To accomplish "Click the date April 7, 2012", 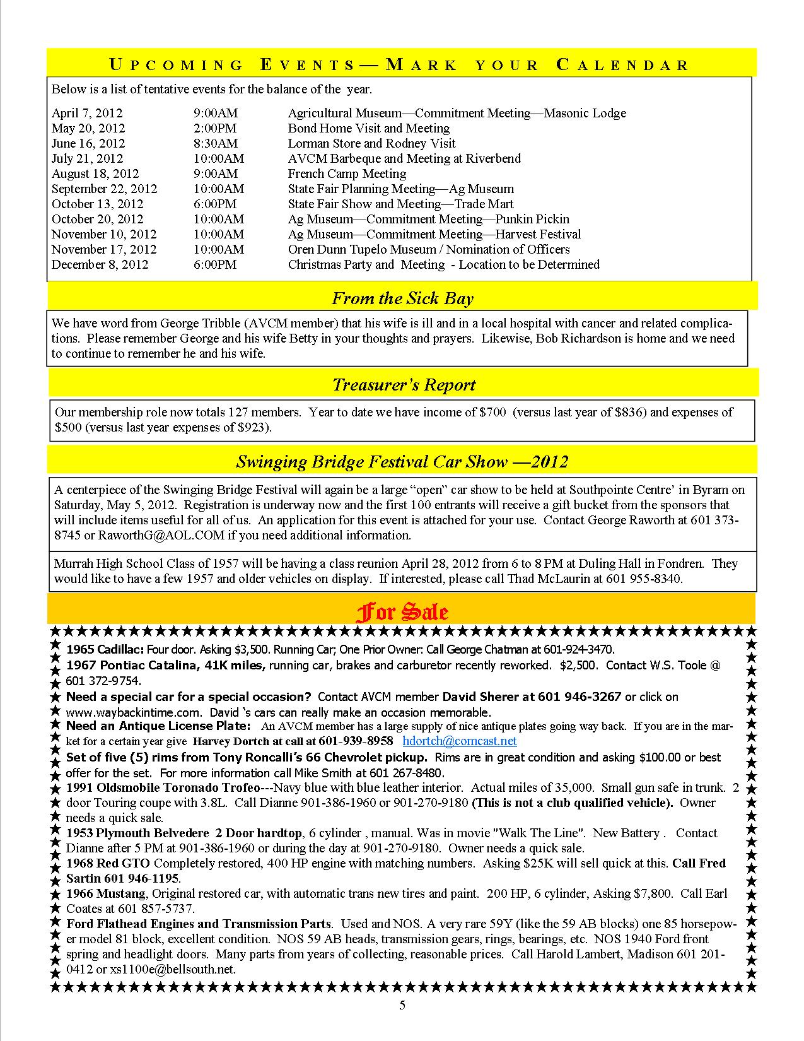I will pos(87,114).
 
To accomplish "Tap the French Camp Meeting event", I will pos(347,174).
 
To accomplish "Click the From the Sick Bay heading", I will pos(402,298).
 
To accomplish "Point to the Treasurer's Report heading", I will pos(404,385).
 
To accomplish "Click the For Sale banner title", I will pos(402,612).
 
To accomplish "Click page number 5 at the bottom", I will pos(402,1006).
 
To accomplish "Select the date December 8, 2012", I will pos(100,265).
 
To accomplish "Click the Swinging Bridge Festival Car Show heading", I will pos(402,462).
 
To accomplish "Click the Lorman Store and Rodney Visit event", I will pos(371,144).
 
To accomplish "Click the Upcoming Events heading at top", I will pos(400,64).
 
